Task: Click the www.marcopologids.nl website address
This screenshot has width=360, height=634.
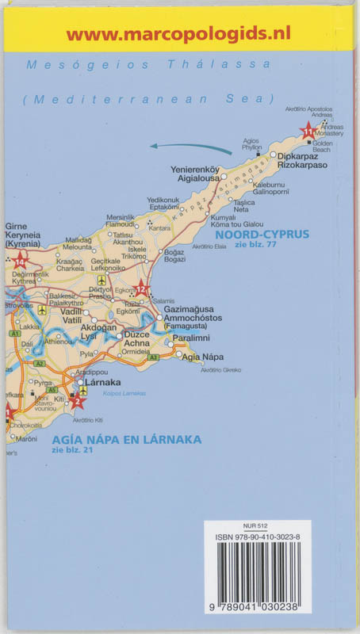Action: [x=178, y=33]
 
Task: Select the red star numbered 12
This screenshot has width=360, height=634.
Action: [x=141, y=289]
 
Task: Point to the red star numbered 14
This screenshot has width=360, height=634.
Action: [x=20, y=258]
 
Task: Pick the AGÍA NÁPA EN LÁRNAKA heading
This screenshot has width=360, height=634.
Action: [x=127, y=440]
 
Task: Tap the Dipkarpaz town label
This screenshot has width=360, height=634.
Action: [x=301, y=156]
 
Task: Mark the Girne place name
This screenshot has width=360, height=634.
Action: [x=17, y=227]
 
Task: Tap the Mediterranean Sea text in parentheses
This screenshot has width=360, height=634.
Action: [x=148, y=99]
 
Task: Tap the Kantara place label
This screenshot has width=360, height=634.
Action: [x=159, y=228]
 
